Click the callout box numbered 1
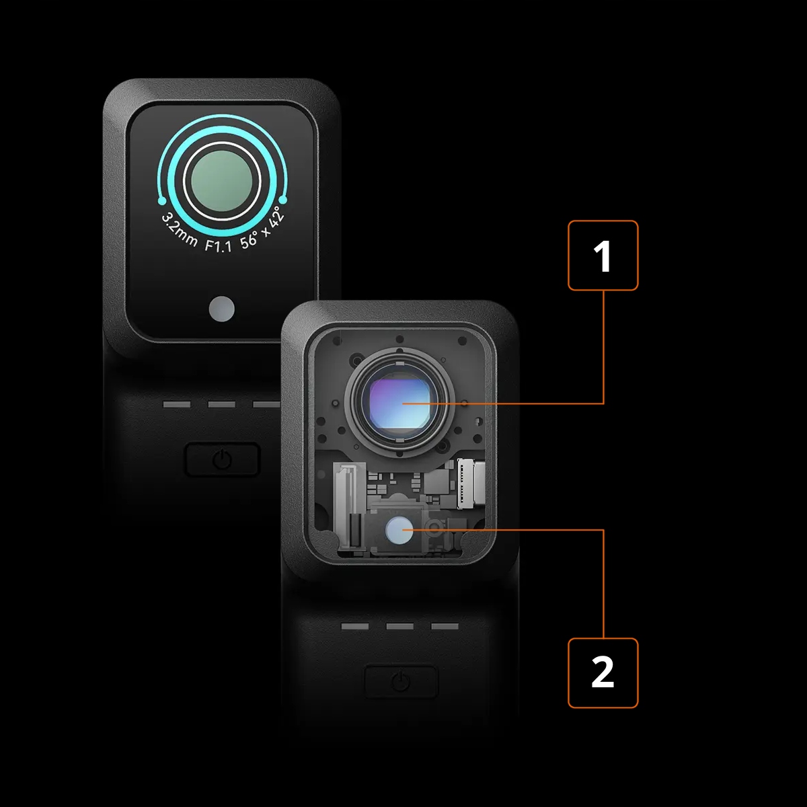click(x=603, y=256)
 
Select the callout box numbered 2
click(x=603, y=673)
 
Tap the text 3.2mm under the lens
click(x=180, y=230)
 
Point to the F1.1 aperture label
click(x=218, y=245)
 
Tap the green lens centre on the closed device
click(x=221, y=181)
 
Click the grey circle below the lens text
click(x=221, y=309)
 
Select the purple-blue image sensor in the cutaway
click(x=400, y=403)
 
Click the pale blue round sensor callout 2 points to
click(x=399, y=530)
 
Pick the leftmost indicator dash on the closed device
click(x=177, y=404)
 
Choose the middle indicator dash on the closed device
click(x=221, y=404)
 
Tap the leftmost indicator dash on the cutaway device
click(x=355, y=626)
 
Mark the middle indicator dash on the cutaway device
click(x=400, y=626)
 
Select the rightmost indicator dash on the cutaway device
click(x=445, y=626)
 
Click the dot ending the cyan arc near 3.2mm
click(x=162, y=202)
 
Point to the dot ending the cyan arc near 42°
click(x=282, y=200)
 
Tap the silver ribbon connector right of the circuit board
click(x=471, y=484)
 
